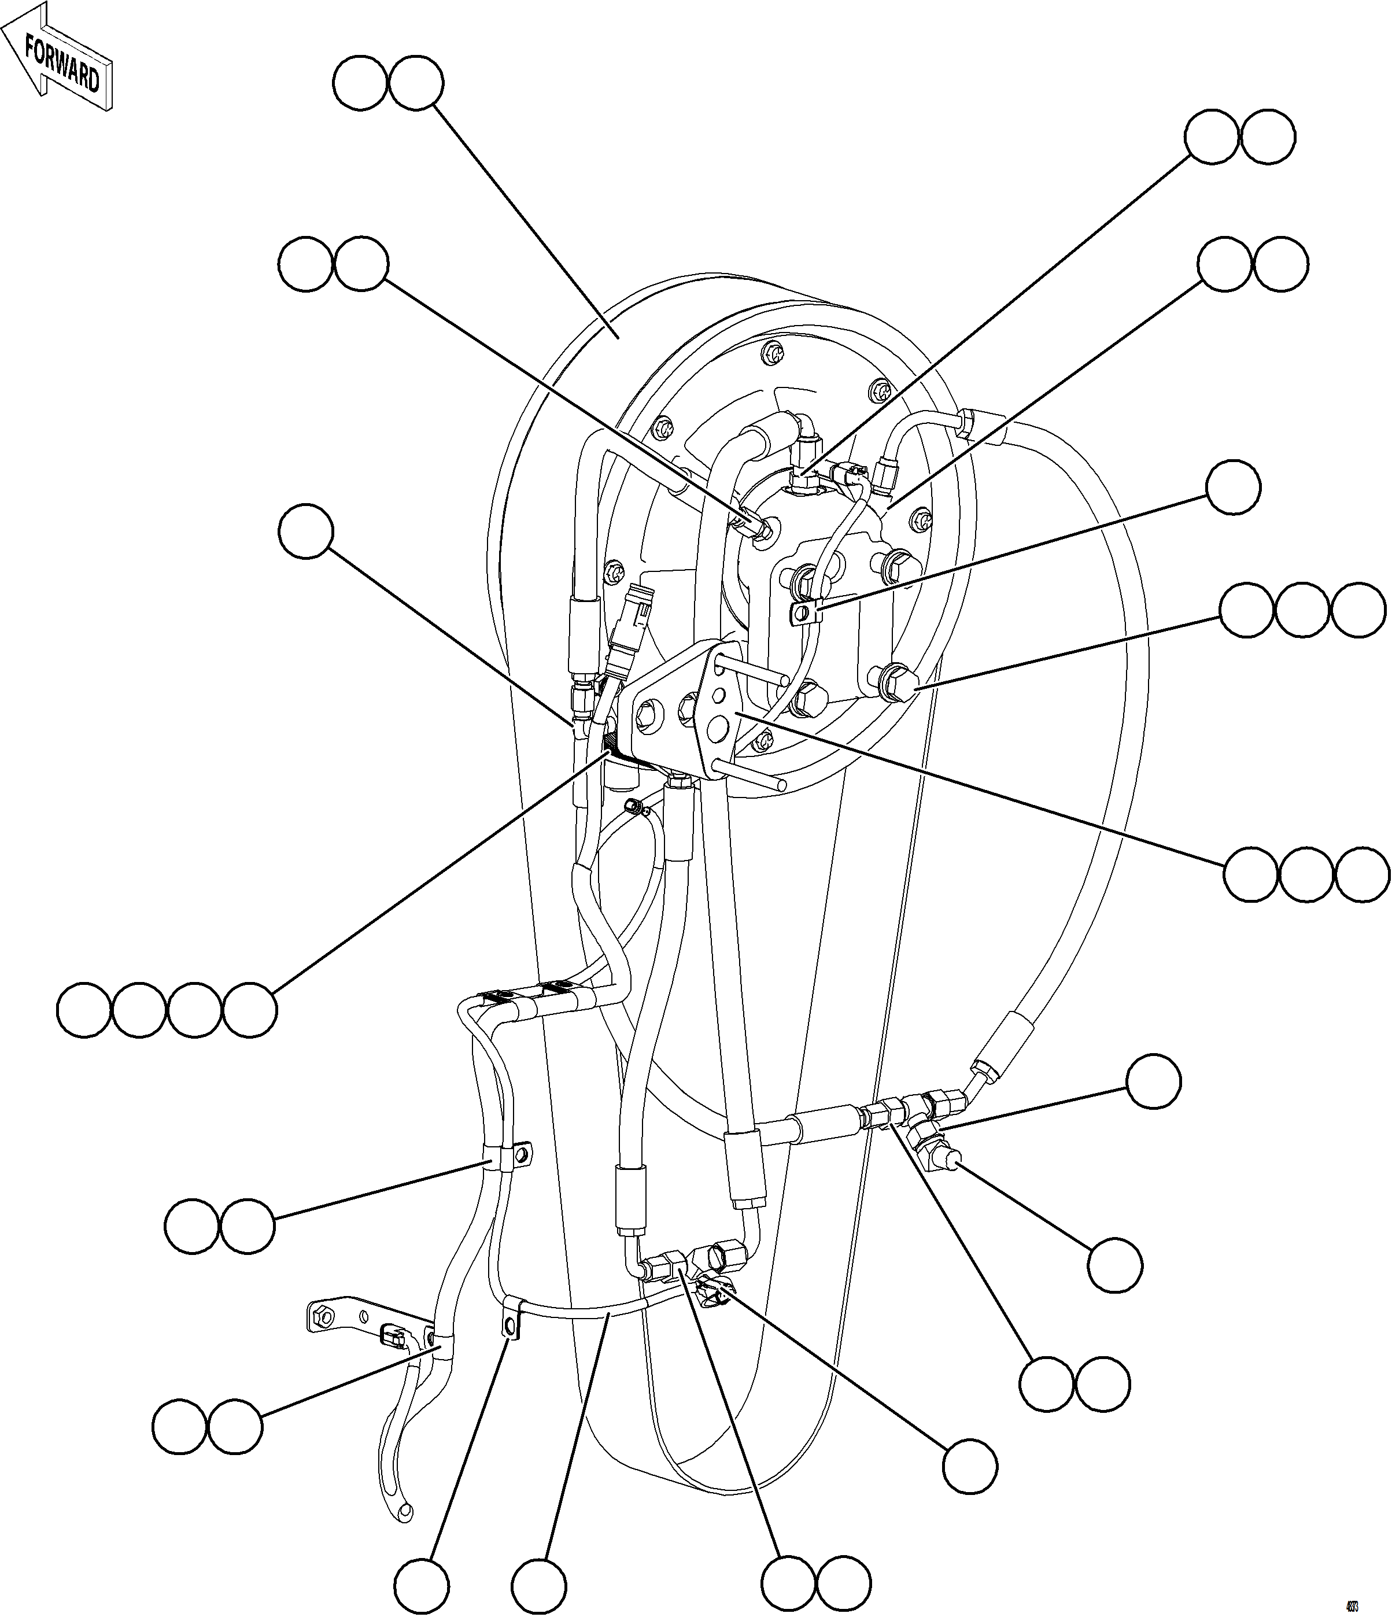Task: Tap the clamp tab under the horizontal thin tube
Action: pos(511,1326)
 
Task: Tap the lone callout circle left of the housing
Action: pos(306,531)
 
